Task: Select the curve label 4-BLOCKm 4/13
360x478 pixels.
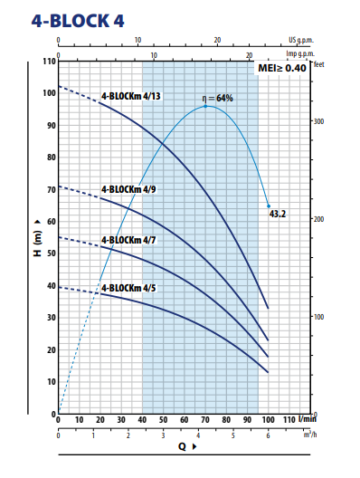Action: pos(131,95)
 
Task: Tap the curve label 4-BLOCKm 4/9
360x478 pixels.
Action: pos(128,189)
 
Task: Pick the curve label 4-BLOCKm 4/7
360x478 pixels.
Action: pos(128,240)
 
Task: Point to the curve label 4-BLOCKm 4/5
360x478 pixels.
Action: pos(128,288)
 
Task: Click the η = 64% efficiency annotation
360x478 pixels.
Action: pos(216,98)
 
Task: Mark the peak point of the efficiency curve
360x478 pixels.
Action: pos(206,107)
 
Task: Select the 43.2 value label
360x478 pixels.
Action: pos(278,214)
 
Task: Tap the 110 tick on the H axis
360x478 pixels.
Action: pos(49,62)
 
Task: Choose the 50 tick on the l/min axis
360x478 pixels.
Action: pos(164,421)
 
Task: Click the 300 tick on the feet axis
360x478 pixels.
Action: pos(318,120)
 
